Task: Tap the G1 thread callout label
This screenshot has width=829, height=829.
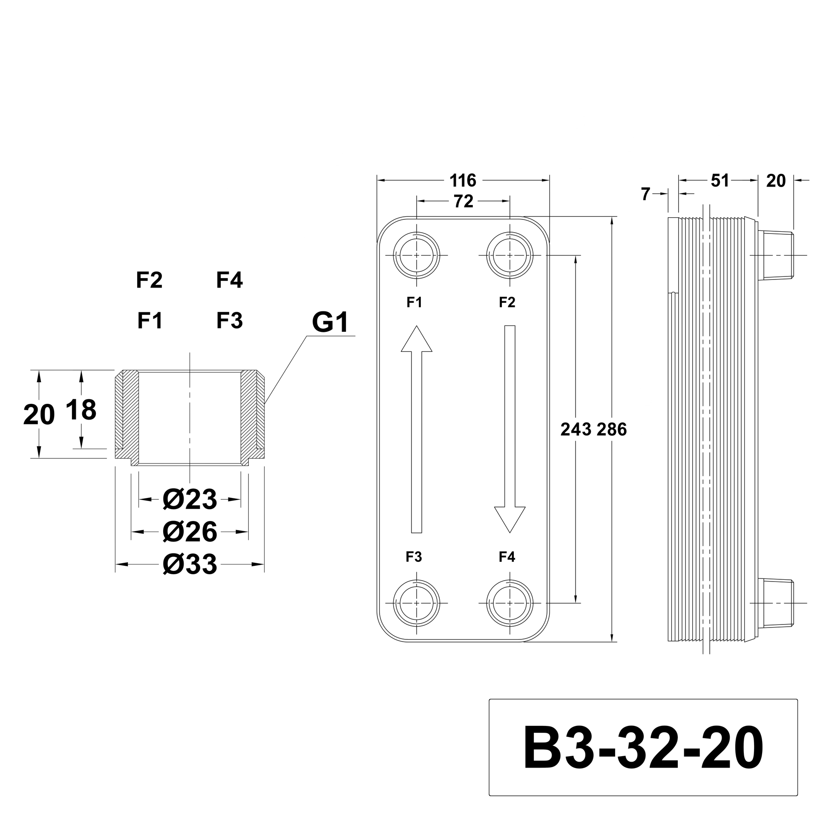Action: (330, 322)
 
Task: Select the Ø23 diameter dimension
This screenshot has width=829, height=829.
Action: (190, 499)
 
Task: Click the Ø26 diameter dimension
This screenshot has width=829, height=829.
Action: (190, 532)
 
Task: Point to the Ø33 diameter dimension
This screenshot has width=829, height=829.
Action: (190, 564)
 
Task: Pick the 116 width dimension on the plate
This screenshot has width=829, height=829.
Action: (463, 181)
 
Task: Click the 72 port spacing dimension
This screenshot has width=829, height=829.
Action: (463, 201)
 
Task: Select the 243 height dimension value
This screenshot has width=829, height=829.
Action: (576, 429)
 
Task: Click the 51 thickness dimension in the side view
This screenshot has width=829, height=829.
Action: (720, 181)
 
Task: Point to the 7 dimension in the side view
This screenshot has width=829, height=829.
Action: (646, 194)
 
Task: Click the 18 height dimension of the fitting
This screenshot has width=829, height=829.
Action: (81, 410)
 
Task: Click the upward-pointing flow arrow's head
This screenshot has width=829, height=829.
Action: (416, 340)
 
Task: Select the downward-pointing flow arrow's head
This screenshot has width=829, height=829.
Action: (510, 519)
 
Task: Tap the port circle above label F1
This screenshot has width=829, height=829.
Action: (416, 255)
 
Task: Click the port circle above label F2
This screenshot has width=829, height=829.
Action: (510, 255)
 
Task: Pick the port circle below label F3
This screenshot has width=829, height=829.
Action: (416, 603)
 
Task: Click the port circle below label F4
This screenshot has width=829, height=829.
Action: (510, 603)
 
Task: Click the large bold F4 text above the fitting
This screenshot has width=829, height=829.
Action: (229, 280)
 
